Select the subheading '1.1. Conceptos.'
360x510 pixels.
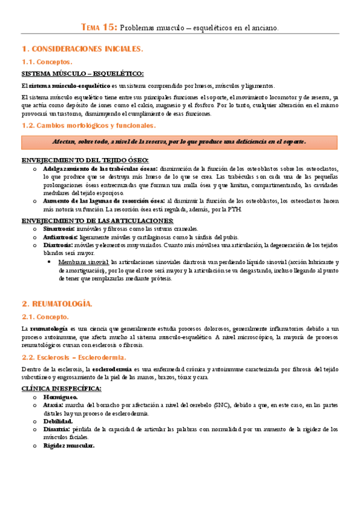click(x=47, y=62)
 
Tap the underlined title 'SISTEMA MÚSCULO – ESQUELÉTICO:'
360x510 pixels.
click(x=82, y=74)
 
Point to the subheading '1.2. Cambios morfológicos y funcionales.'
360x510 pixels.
click(x=88, y=126)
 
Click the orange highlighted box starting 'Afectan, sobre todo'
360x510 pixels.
click(x=180, y=141)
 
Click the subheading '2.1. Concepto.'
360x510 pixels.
click(x=46, y=316)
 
